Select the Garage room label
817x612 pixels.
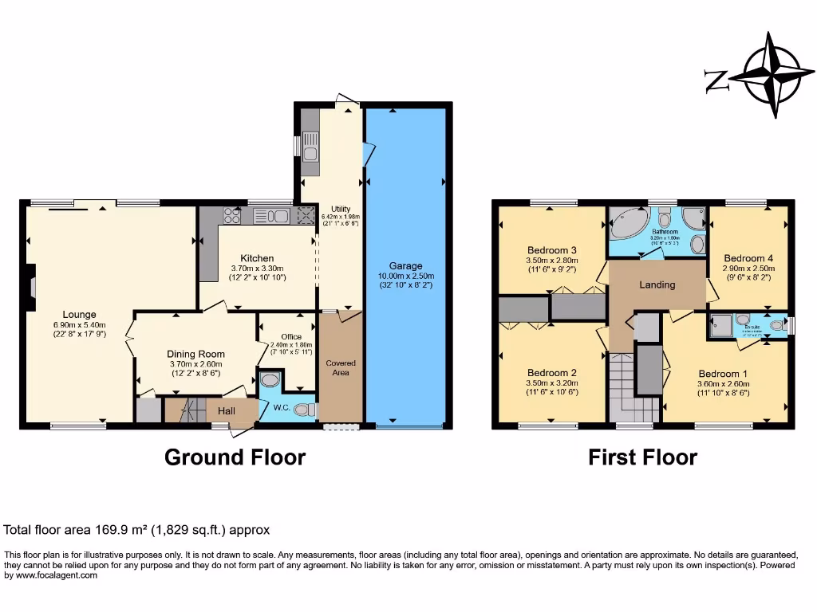tap(406, 265)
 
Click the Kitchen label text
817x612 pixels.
tap(257, 258)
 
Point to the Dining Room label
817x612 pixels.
tap(195, 354)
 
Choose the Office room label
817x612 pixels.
tap(291, 337)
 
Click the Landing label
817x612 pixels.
tap(657, 284)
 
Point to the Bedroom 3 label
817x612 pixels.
tap(552, 250)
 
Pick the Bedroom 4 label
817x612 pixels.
tap(748, 258)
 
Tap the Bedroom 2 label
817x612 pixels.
tap(552, 373)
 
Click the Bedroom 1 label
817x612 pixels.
tap(723, 374)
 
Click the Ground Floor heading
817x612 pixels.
tap(235, 457)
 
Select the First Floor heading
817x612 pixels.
tap(642, 457)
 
